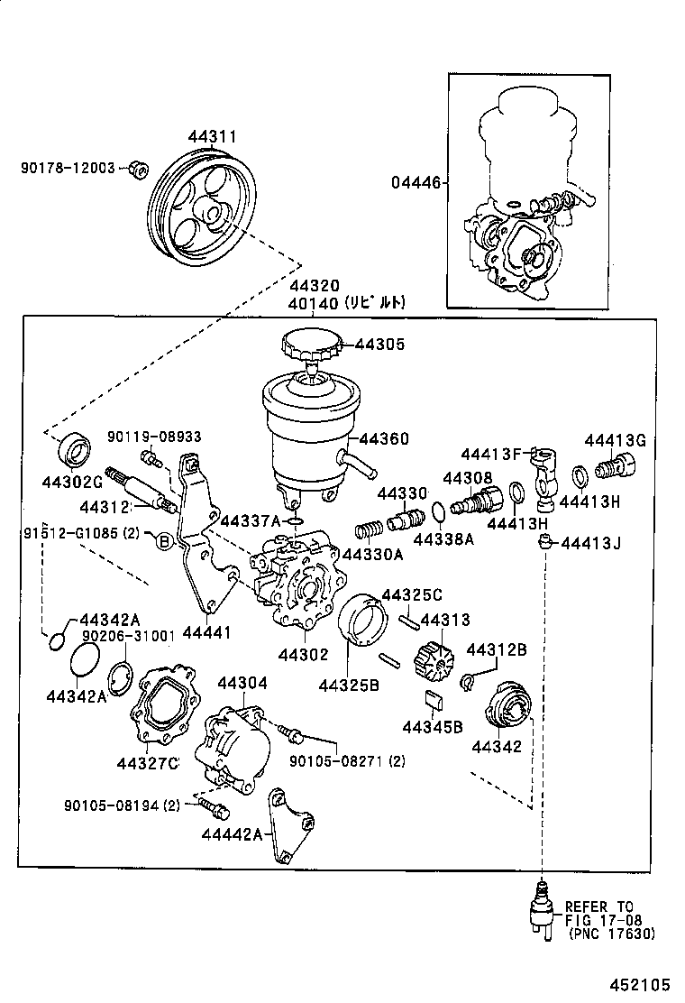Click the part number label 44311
[x=212, y=137]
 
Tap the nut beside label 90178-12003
[x=138, y=169]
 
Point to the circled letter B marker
[x=164, y=541]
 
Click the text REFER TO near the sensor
[x=599, y=906]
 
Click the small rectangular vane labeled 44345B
[x=433, y=699]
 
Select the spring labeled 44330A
[x=367, y=529]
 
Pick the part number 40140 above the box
[x=311, y=304]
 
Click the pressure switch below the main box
[x=541, y=906]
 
